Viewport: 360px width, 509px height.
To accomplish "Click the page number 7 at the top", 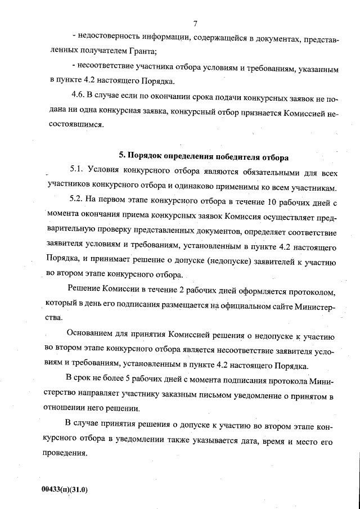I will [x=194, y=24].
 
